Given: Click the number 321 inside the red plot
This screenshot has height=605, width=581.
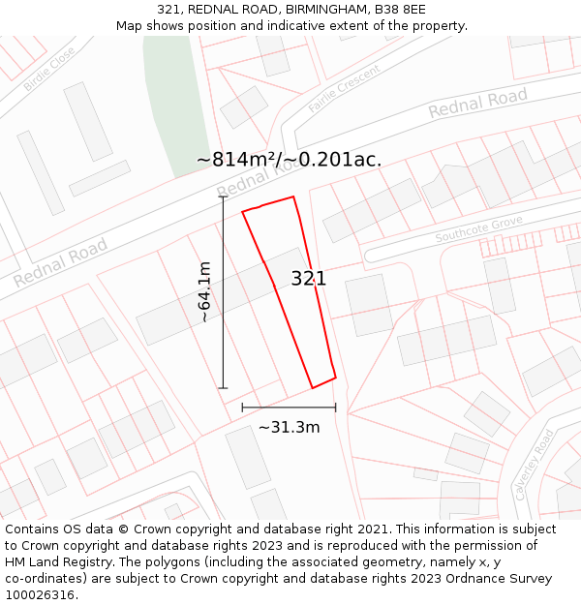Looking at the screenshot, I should click(309, 279).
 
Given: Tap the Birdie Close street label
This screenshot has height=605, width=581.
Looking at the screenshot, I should click(49, 69).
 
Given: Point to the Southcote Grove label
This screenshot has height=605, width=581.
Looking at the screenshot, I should click(478, 230).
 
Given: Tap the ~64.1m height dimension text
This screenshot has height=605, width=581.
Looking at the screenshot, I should click(203, 291).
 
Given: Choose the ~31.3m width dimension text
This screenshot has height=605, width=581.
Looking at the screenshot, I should click(289, 427).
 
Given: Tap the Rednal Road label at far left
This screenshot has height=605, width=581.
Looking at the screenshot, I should click(60, 263).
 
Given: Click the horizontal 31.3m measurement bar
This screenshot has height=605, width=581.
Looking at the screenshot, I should click(289, 408).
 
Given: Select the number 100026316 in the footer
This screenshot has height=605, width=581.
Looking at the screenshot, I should click(40, 595).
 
